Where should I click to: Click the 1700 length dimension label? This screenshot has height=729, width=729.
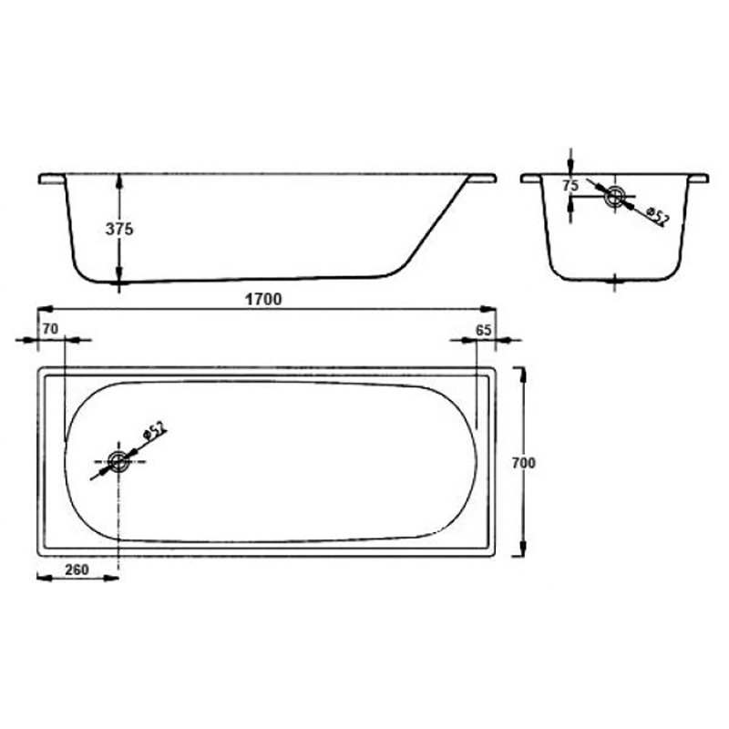pyautogui.click(x=263, y=300)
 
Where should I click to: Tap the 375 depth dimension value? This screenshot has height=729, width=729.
pyautogui.click(x=119, y=229)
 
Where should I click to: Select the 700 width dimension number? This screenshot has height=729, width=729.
pyautogui.click(x=523, y=463)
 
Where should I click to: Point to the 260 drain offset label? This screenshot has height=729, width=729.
pyautogui.click(x=77, y=570)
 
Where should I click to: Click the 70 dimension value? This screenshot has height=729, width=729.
pyautogui.click(x=50, y=329)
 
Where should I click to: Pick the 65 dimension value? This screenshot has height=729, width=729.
pyautogui.click(x=484, y=330)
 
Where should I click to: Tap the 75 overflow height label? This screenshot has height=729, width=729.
pyautogui.click(x=570, y=186)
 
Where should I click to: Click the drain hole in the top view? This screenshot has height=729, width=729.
pyautogui.click(x=118, y=461)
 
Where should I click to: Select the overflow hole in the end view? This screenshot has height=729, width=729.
pyautogui.click(x=614, y=196)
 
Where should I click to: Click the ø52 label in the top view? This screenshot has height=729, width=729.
pyautogui.click(x=154, y=431)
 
